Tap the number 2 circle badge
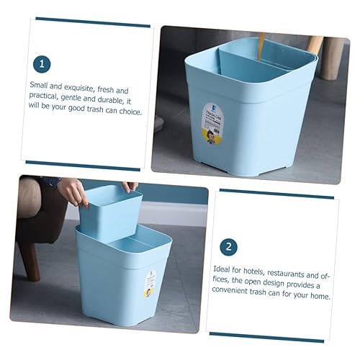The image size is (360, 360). [228, 248]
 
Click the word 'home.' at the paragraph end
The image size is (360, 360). [318, 296]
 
